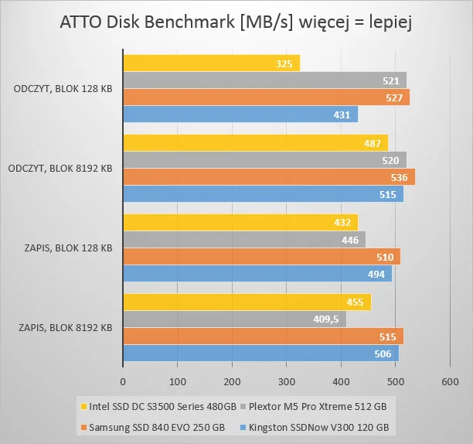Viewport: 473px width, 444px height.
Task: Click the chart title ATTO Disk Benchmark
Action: click(236, 23)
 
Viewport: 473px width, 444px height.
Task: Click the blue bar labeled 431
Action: click(240, 114)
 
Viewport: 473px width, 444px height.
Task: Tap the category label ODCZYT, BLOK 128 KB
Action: click(63, 89)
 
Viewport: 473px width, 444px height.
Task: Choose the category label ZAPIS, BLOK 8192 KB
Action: click(65, 327)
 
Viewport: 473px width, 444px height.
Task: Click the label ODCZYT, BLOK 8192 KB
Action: click(63, 169)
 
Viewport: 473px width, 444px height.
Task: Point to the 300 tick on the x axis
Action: click(286, 381)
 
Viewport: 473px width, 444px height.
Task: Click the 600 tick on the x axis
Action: click(450, 381)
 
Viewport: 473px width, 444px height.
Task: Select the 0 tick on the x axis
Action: click(123, 381)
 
